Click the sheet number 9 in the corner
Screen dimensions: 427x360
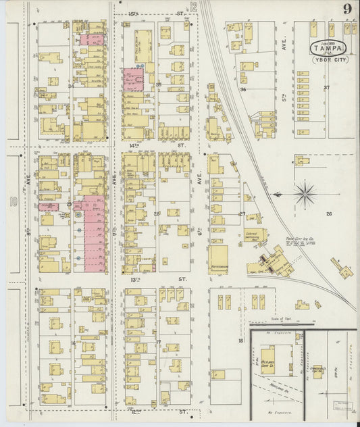(x=346, y=9)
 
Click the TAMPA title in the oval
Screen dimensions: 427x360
(x=330, y=47)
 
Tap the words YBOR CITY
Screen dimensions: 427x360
(x=330, y=60)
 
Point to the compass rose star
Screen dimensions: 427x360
(x=305, y=193)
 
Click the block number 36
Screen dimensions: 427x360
(x=242, y=89)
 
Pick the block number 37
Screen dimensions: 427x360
(x=327, y=88)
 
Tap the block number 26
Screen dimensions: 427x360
(x=329, y=214)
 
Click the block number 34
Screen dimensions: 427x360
(x=70, y=86)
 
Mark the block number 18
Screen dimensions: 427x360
(x=240, y=341)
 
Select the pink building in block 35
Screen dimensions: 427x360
(x=133, y=79)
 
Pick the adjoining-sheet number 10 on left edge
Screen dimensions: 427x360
(x=11, y=200)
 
